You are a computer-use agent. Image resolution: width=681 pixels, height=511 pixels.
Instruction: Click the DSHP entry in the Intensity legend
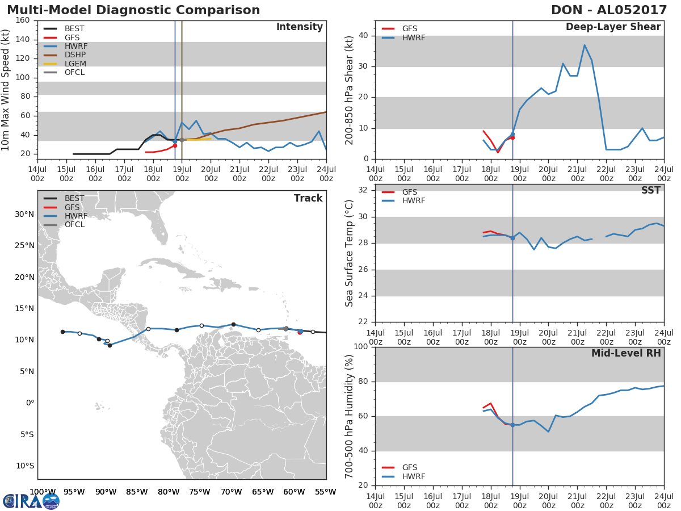(x=75, y=55)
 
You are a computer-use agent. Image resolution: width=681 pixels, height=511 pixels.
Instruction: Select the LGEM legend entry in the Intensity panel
(x=75, y=64)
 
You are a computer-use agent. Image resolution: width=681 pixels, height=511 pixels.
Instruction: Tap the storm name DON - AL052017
(x=609, y=10)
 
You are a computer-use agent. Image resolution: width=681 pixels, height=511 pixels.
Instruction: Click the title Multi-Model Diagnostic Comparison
(x=133, y=10)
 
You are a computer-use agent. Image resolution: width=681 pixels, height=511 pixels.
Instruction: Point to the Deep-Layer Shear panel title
(x=613, y=27)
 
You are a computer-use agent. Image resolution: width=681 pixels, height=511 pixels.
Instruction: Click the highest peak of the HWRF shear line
(x=585, y=45)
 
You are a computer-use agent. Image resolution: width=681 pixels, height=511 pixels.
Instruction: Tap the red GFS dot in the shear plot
(x=512, y=137)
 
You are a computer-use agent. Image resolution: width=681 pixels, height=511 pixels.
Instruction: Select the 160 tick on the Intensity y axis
(x=23, y=20)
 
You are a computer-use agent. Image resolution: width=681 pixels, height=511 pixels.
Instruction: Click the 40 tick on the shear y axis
(x=363, y=35)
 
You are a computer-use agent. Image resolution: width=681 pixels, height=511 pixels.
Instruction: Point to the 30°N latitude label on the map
(x=24, y=215)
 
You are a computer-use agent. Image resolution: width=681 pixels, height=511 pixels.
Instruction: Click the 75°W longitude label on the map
(x=200, y=492)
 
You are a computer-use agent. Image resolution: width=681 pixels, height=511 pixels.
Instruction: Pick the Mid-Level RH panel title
(x=626, y=353)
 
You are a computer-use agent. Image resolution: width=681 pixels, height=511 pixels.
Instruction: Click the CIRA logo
(x=31, y=501)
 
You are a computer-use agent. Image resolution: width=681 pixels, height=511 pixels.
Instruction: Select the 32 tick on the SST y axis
(x=363, y=190)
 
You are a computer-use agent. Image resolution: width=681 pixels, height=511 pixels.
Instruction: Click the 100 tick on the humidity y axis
(x=361, y=346)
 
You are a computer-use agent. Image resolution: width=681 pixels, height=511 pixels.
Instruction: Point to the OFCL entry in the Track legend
(x=74, y=225)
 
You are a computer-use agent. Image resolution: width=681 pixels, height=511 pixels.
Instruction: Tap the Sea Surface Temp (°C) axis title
(x=349, y=253)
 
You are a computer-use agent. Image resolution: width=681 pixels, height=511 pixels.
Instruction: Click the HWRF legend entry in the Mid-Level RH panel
(x=414, y=476)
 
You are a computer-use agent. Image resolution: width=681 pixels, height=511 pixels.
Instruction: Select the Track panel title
(x=308, y=198)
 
